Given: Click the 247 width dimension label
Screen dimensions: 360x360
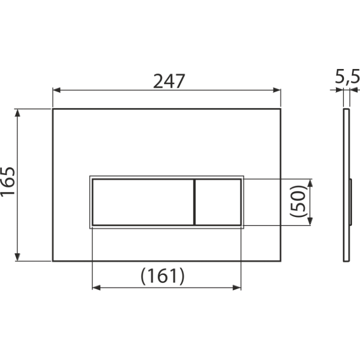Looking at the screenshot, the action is tap(169, 81).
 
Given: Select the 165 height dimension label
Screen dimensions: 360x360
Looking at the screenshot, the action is tap(8, 181).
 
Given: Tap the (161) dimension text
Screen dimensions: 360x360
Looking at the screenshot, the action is tap(162, 276).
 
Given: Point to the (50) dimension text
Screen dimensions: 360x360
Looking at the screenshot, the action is tap(298, 201).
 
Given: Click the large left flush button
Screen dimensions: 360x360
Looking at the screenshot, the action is tap(143, 202).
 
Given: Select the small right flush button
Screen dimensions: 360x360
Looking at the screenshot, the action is tap(218, 202).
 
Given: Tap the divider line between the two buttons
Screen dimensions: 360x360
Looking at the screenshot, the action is tap(194, 202).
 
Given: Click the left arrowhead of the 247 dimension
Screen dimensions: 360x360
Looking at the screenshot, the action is tap(56, 90).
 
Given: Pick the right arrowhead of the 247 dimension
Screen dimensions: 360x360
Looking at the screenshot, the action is tap(277, 90).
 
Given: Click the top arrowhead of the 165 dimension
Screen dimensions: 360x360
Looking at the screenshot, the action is tap(17, 112).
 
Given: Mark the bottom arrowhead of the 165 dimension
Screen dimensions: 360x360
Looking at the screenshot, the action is tap(17, 257).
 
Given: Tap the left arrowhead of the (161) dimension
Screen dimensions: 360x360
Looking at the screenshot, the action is tap(96, 287).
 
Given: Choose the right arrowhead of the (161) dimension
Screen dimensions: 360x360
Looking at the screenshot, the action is tap(237, 287).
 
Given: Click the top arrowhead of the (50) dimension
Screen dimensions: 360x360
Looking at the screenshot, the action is tap(310, 183).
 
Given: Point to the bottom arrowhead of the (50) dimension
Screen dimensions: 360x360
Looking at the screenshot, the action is tap(310, 221).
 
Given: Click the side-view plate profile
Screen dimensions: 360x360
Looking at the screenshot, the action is tap(346, 185).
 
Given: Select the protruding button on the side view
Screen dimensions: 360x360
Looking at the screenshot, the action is tap(350, 202).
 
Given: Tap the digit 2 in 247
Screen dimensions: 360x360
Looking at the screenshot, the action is tap(158, 81).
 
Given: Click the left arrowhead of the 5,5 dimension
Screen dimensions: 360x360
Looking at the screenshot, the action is tap(339, 90).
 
